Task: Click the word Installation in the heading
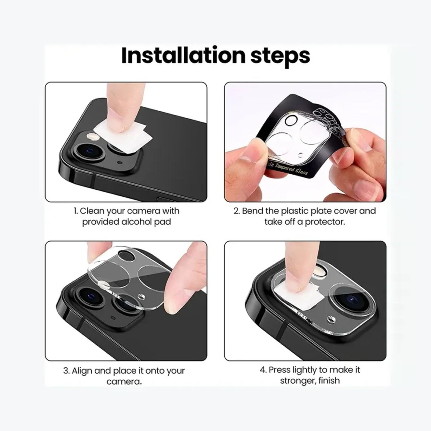point(183,55)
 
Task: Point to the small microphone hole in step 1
point(120,162)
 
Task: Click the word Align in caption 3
point(82,371)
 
